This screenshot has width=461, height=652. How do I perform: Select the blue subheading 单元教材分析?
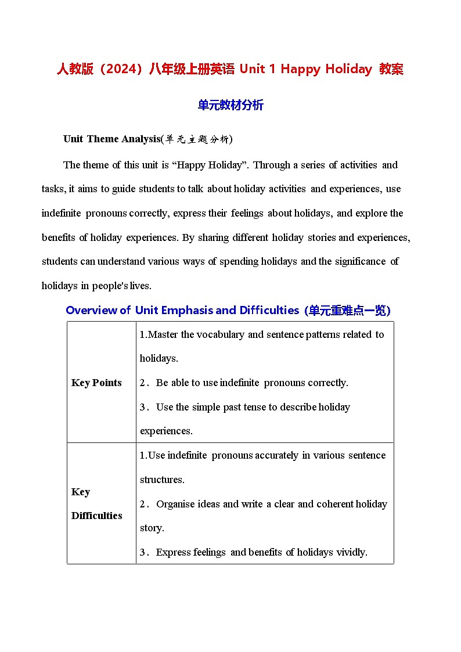pos(230,105)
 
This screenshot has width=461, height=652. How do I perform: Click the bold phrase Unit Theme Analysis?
pos(111,139)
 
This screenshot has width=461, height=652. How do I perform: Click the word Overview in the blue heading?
pos(92,310)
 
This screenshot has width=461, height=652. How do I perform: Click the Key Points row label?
pos(96,383)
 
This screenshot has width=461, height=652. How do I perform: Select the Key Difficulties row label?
pos(96,503)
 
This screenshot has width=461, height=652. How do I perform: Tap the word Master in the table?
pos(164,334)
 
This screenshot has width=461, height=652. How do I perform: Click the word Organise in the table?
pos(176,504)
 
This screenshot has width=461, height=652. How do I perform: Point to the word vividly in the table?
pos(351,552)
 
